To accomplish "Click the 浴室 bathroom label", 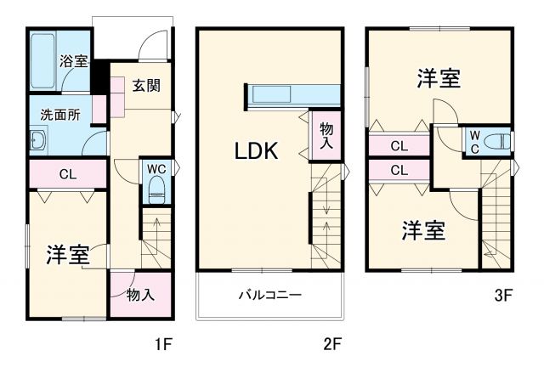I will coord(72,61).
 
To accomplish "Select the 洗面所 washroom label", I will coord(60,116).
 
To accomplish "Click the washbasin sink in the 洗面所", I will coord(37,141).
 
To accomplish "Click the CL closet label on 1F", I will coord(70,176).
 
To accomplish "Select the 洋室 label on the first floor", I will coord(68,255).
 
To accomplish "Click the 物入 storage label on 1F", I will coord(139,295).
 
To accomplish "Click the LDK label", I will coord(257,152).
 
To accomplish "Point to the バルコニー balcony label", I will coord(270,296).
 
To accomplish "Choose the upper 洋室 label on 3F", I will coord(439,79).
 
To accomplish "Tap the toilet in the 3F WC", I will coord(503,140).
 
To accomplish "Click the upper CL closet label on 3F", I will coord(399,146).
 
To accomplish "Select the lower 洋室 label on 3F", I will coord(422,229).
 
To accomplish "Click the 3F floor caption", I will coord(503,296).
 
